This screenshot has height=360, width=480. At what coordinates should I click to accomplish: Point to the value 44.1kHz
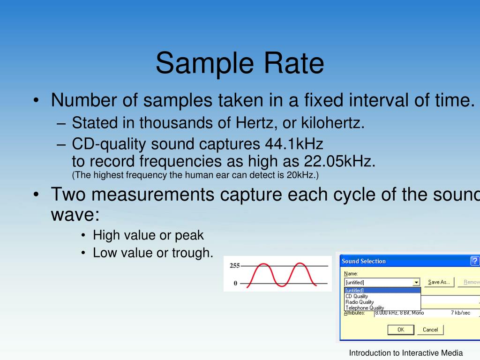(293, 143)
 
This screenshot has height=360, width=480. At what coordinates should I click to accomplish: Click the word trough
(193, 253)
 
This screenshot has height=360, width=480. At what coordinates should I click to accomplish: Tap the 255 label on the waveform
(234, 266)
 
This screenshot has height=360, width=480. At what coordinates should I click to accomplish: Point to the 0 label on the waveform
(236, 283)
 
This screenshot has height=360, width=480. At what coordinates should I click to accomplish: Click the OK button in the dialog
(401, 330)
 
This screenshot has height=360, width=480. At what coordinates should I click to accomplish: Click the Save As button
(439, 282)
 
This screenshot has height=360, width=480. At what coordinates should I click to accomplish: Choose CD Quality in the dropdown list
(357, 296)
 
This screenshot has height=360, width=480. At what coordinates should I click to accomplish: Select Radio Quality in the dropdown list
(360, 302)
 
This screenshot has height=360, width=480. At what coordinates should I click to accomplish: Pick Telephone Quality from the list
(365, 308)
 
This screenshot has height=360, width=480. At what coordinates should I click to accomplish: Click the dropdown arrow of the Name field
(416, 282)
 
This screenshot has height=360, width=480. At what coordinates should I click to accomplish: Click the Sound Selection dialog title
(364, 261)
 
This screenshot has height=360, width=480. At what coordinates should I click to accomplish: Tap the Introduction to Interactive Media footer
(406, 353)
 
